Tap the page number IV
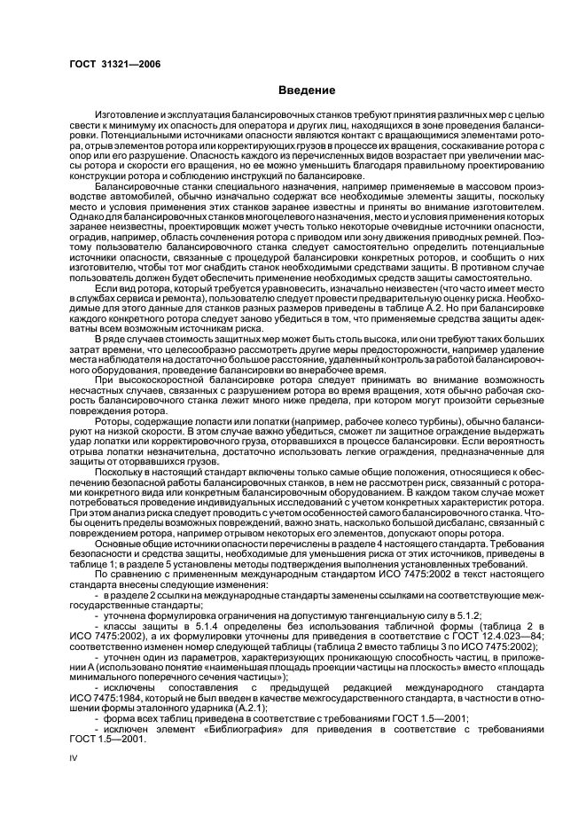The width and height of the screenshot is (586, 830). [74, 756]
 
